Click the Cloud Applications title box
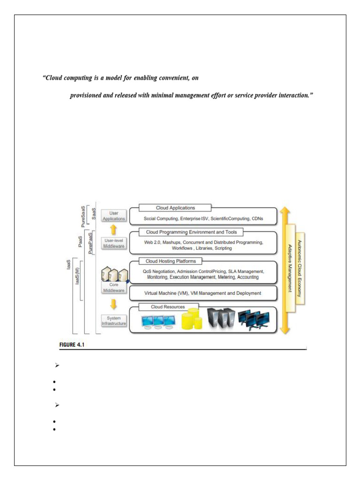[175, 208]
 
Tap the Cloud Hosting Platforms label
[171, 261]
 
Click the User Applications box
[113, 216]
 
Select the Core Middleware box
[113, 287]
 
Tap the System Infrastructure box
[113, 321]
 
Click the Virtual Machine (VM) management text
[202, 293]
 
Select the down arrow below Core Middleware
[113, 305]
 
